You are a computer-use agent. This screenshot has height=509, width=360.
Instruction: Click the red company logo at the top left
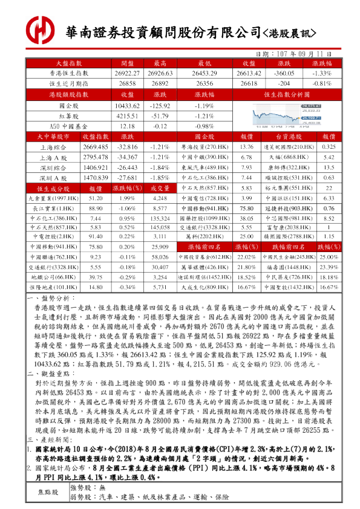[39, 29]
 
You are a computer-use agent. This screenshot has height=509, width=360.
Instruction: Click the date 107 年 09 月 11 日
[300, 53]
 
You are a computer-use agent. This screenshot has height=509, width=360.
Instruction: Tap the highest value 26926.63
[160, 73]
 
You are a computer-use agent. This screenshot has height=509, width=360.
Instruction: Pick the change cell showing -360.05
[284, 73]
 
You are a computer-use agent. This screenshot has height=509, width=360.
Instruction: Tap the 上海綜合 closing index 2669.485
[95, 147]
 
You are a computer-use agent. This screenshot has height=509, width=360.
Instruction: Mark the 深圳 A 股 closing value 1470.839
[95, 178]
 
